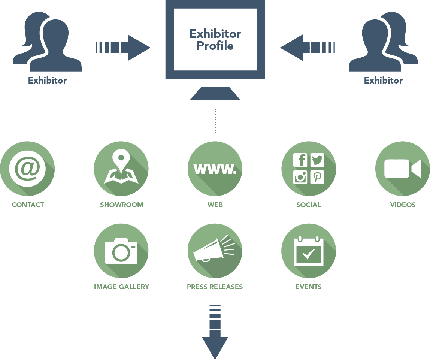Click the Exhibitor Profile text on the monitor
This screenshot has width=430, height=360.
(x=215, y=40)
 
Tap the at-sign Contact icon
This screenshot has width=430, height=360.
(x=27, y=169)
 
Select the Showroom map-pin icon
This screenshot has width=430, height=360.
(x=121, y=169)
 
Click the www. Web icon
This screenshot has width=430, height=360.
(x=215, y=169)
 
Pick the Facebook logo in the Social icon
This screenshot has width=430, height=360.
(x=300, y=160)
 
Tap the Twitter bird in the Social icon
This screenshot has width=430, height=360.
(x=317, y=160)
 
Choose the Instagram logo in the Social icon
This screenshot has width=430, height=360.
(x=300, y=177)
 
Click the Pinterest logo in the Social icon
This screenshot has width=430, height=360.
(x=317, y=177)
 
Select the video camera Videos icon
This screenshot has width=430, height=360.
(x=402, y=169)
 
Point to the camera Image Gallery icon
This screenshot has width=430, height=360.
(x=121, y=251)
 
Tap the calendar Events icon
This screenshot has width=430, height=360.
(x=308, y=251)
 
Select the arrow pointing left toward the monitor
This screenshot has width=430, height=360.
(x=308, y=48)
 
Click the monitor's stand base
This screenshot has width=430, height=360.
(x=215, y=94)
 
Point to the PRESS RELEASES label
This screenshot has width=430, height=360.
(x=215, y=287)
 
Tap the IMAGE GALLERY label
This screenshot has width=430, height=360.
(x=121, y=287)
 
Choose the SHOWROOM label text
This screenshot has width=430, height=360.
(x=121, y=205)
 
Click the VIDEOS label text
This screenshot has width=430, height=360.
(x=403, y=205)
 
